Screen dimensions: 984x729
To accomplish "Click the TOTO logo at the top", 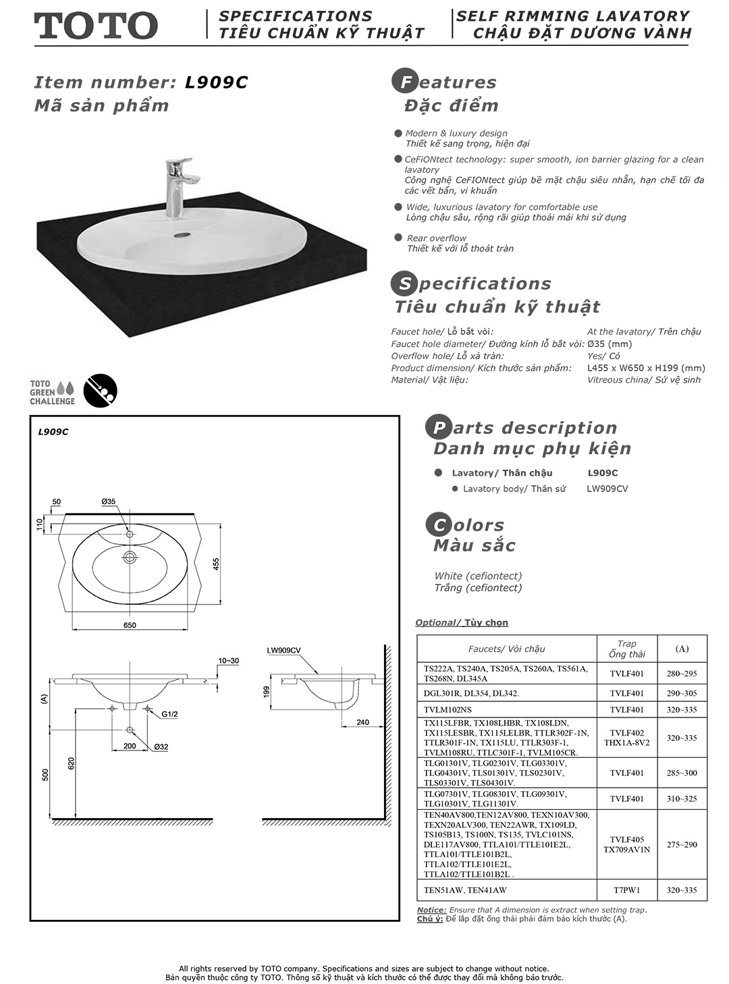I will tap(96, 26).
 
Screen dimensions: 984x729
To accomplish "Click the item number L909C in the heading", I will tap(216, 82).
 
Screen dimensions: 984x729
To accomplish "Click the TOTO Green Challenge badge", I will tap(52, 392).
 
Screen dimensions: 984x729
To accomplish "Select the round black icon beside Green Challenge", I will tap(100, 391).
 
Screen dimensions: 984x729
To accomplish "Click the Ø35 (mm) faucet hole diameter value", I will tap(610, 344).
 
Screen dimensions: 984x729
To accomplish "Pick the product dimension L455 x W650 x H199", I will tap(646, 368).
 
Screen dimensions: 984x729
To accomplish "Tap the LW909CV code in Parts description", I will tap(607, 489).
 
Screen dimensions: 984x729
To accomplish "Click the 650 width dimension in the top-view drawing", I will tap(130, 625).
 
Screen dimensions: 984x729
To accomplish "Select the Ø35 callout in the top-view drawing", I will tap(109, 501).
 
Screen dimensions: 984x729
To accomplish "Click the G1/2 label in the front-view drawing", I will tap(169, 713).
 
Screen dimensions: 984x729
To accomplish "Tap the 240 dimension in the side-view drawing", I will tap(362, 722).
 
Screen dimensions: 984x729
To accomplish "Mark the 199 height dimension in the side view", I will tap(267, 691).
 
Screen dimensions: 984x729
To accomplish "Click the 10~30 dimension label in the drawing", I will tap(229, 660).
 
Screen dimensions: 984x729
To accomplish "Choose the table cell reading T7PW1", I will tap(626, 890).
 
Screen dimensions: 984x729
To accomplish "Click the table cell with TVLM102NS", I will tap(448, 709).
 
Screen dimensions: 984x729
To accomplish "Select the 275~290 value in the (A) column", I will tap(682, 844).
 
